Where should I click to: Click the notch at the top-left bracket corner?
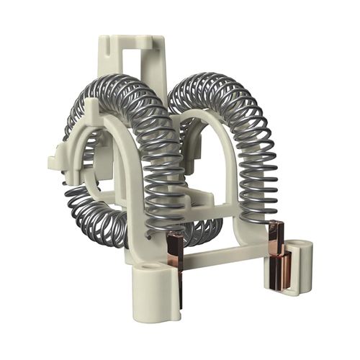click(104, 43)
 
